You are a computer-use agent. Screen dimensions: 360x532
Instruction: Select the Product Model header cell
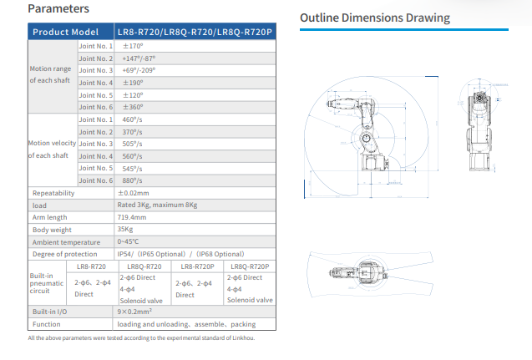[65, 32]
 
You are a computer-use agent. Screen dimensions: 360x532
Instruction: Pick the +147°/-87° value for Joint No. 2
[138, 58]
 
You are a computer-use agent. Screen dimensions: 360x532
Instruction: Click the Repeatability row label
[53, 193]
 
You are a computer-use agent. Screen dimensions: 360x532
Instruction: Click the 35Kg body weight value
[126, 229]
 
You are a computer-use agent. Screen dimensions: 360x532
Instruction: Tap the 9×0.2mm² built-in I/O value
[139, 311]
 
